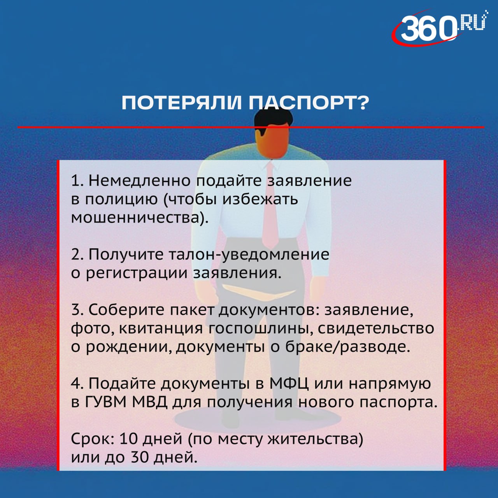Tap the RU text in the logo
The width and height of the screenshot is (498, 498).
click(472, 22)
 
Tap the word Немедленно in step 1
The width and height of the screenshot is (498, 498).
click(140, 181)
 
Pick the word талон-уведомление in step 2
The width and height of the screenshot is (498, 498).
click(249, 254)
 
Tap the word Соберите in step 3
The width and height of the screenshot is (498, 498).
click(127, 310)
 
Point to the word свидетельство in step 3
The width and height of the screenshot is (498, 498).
click(376, 328)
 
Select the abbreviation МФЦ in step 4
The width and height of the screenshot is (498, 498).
click(289, 384)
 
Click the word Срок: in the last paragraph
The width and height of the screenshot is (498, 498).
click(93, 439)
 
